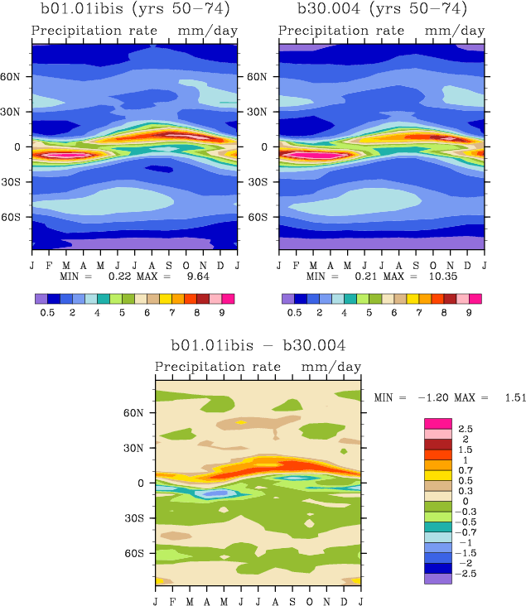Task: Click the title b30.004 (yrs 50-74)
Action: click(382, 10)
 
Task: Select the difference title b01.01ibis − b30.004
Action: click(258, 345)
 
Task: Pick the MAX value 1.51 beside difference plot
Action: click(515, 397)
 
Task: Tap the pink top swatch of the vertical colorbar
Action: click(438, 423)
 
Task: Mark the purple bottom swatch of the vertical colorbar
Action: click(438, 579)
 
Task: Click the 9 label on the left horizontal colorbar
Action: click(221, 314)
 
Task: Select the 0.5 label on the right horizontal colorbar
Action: click(294, 314)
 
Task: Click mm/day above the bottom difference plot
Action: click(331, 367)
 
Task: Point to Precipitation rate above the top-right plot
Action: click(341, 31)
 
